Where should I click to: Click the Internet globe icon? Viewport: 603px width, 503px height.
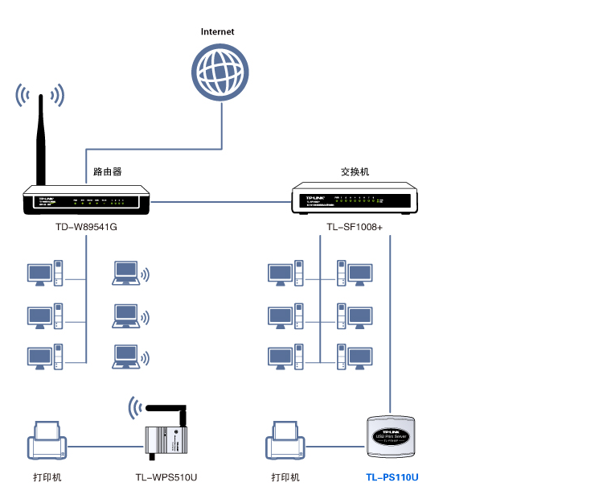(x=219, y=72)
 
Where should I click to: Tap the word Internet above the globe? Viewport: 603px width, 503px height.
(x=218, y=31)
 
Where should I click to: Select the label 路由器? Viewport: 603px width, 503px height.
(x=107, y=171)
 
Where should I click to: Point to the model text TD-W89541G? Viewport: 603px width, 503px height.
(x=86, y=228)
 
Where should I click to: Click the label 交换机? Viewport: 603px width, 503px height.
(x=355, y=171)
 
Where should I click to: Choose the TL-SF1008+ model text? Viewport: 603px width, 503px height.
(x=355, y=228)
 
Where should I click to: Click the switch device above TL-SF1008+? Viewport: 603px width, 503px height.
(x=355, y=198)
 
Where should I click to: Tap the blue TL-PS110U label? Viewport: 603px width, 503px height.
(x=392, y=477)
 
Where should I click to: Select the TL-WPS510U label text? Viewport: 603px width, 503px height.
(x=166, y=477)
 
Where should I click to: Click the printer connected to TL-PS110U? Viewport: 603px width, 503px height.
(x=285, y=442)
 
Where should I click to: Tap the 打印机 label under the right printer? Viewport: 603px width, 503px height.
(x=285, y=477)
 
